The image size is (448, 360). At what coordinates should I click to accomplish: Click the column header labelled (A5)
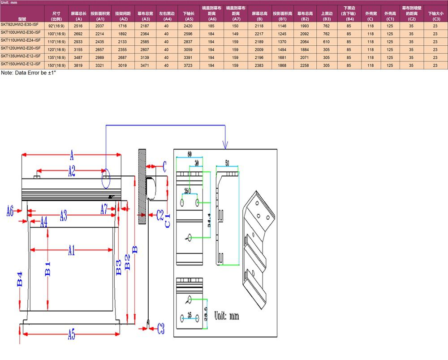[x=189, y=19]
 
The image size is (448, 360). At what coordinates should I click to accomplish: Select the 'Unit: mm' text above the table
[x=9, y=3]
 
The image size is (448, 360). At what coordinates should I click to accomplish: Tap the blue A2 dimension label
[x=72, y=170]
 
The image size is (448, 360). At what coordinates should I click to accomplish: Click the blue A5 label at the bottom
[x=72, y=334]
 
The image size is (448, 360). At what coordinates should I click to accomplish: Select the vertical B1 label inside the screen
[x=47, y=269]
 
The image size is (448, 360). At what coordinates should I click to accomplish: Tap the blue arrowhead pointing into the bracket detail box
[x=225, y=145]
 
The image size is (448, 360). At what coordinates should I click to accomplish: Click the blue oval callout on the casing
[x=106, y=178]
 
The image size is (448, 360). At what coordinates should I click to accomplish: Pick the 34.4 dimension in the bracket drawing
[x=210, y=221]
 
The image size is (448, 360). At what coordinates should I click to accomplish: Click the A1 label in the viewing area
[x=71, y=250]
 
